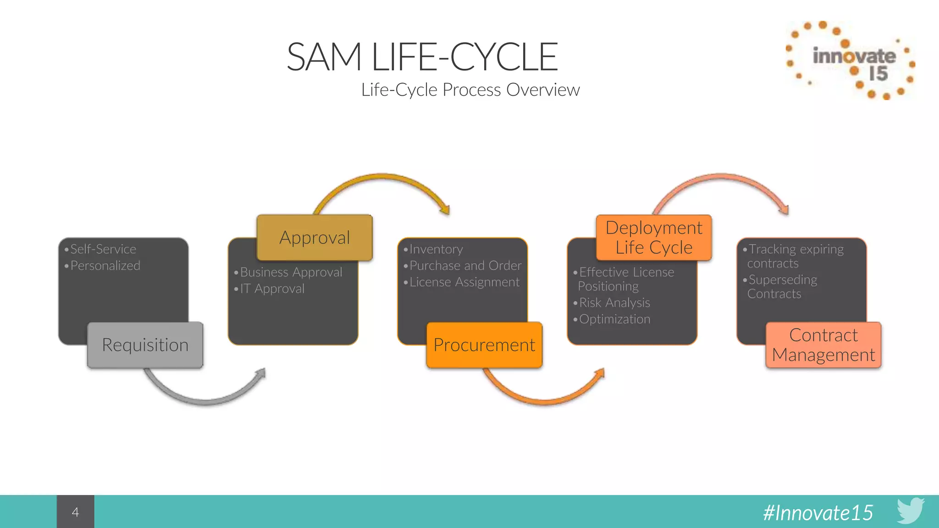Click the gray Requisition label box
[145, 345]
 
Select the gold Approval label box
[315, 237]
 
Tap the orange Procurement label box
[484, 345]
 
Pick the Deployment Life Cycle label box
[654, 237]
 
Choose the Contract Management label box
[823, 345]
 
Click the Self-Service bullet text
[103, 249]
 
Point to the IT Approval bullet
[272, 288]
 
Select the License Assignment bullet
[464, 282]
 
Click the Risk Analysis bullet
[614, 302]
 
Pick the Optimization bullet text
[614, 319]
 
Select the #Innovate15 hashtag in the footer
[818, 512]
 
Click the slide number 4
[76, 511]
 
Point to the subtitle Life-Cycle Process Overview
[470, 90]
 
